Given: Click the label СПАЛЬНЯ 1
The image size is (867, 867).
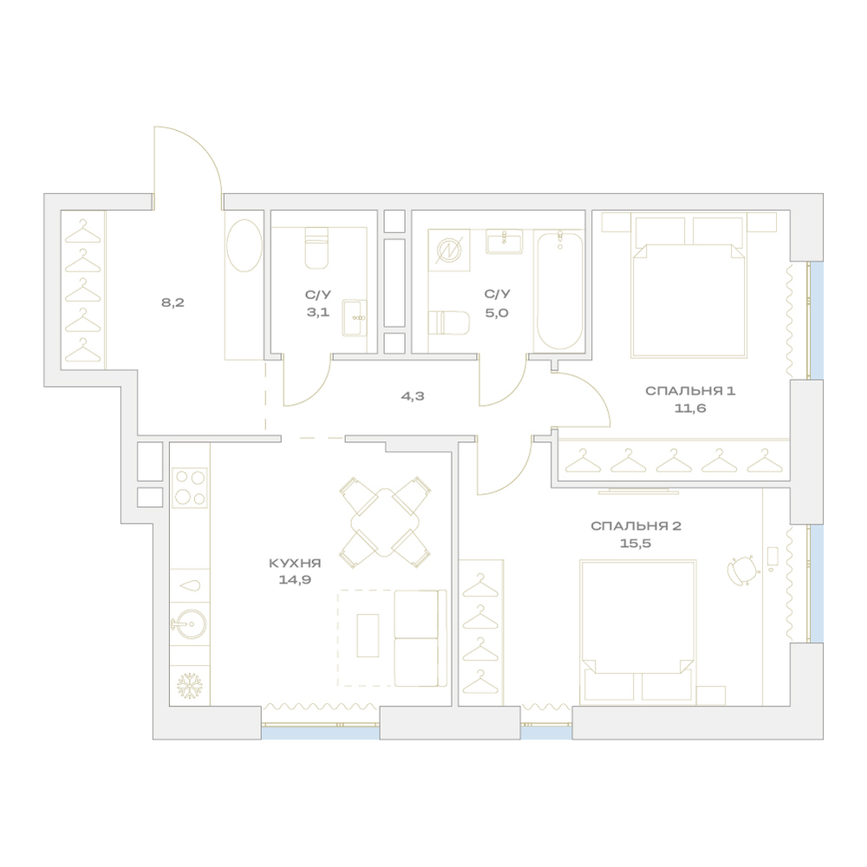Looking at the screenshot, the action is coord(690,391).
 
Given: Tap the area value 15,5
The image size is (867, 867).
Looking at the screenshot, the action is coord(636,544).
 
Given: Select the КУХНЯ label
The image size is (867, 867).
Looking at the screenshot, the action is coord(295,564).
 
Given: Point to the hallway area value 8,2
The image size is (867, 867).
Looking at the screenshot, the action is coord(173,303).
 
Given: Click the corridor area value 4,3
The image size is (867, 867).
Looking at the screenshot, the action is coord(413,396).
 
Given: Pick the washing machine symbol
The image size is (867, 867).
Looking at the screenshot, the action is coord(449,251).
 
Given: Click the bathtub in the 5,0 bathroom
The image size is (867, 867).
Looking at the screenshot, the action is coord(559,290).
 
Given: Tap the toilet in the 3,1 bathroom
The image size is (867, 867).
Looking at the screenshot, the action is coord(316,248).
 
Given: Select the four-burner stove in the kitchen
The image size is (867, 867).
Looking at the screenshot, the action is coord(190,487).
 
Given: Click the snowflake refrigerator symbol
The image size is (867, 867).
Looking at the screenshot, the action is coord(190,686).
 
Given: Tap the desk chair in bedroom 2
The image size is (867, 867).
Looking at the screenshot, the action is coord(741,569).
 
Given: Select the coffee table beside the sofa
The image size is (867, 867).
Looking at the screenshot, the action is coord(368,636).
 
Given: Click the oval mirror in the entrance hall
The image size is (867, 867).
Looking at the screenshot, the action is coord(244,245).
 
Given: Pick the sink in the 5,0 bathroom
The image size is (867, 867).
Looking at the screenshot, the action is coord(505,242).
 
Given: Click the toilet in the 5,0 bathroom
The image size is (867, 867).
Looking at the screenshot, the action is coord(449,323).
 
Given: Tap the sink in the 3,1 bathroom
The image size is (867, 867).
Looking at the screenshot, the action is coord(355,318).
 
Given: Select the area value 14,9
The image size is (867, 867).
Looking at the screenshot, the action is coord(295,580).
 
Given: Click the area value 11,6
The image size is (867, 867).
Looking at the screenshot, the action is coord(690,408).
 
